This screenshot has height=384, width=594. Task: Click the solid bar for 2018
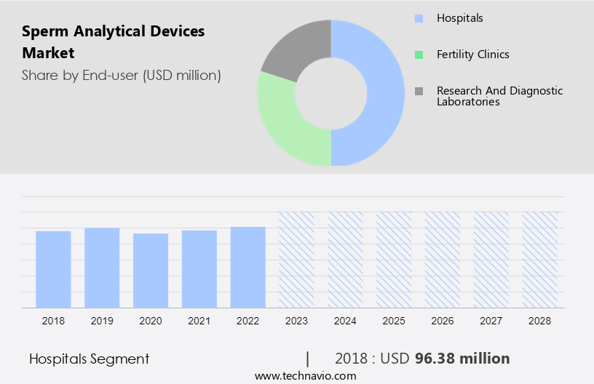click(x=53, y=269)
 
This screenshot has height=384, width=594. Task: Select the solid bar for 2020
click(x=151, y=271)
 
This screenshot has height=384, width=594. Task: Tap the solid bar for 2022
click(x=248, y=267)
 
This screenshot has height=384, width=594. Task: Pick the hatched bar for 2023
click(x=297, y=260)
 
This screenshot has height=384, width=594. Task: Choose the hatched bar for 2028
click(x=540, y=260)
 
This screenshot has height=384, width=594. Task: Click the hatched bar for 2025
click(x=394, y=260)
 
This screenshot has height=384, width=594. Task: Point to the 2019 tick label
click(x=102, y=320)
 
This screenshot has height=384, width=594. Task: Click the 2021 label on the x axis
click(x=199, y=320)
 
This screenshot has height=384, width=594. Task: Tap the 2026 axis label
click(x=443, y=320)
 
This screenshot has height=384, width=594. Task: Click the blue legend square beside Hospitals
click(x=419, y=18)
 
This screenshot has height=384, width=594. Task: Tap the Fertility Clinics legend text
click(x=472, y=55)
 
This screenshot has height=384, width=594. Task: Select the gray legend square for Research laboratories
click(x=419, y=91)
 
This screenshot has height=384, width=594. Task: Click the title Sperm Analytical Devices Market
click(x=113, y=41)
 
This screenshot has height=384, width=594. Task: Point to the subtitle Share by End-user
click(x=121, y=75)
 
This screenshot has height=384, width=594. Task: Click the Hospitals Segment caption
click(x=89, y=359)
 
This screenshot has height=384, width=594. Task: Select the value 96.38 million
click(x=462, y=359)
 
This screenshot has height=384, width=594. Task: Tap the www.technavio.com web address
click(x=305, y=376)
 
